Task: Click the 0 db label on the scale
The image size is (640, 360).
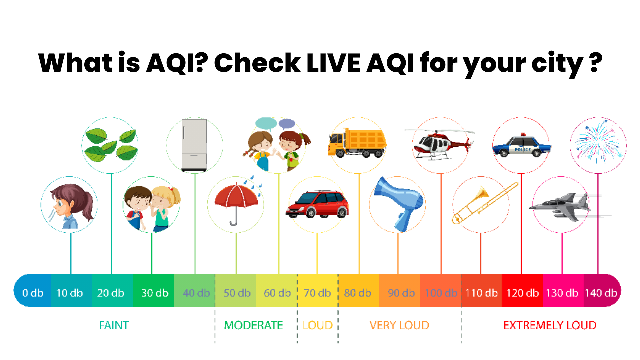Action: coord(33,293)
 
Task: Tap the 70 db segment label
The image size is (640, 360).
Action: coord(317,293)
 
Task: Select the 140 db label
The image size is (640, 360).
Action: coord(601,293)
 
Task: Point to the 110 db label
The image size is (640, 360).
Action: coord(481,293)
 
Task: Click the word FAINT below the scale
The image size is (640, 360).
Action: coord(114,325)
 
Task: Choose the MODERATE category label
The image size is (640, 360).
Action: coord(253,325)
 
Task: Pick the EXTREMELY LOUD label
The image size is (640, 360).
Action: coord(550,325)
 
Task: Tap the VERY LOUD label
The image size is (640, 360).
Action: coord(399,325)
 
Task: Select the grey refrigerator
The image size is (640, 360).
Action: coord(194,145)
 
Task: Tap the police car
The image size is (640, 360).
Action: coord(522,146)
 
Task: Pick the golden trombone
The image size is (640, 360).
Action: coord(483,203)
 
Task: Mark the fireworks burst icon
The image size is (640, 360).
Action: coord(598,143)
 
